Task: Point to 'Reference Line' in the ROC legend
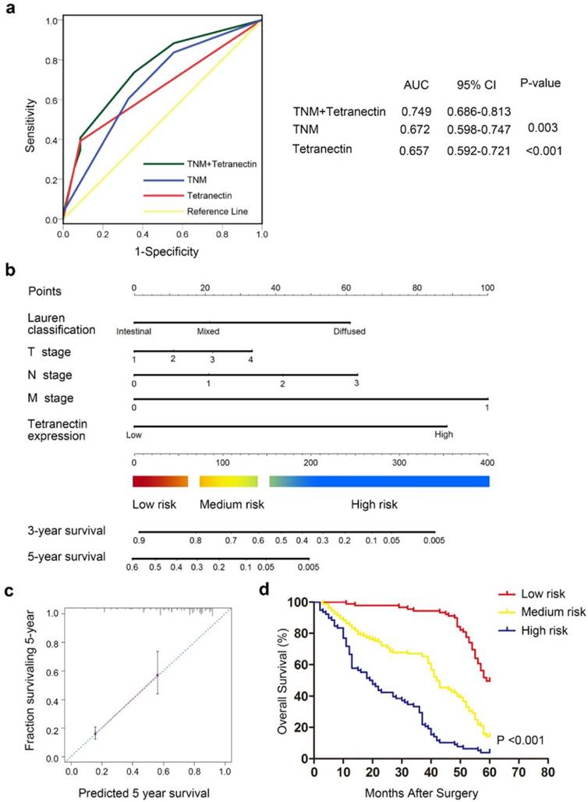213,211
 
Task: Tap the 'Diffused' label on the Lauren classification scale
349,331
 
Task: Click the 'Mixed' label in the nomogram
207,331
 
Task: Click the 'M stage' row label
50,398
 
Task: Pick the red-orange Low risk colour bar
161,481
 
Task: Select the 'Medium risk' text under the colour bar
232,504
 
